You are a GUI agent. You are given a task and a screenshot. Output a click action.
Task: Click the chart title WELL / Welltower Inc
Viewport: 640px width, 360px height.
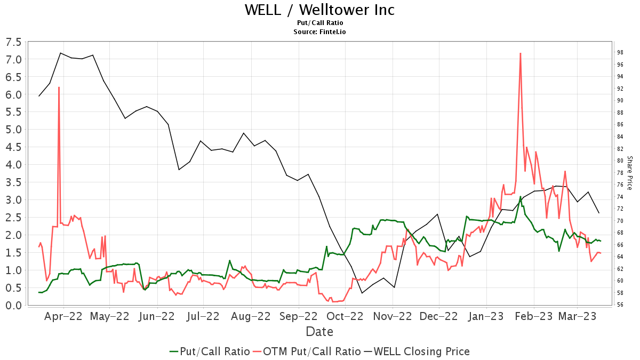[319, 10]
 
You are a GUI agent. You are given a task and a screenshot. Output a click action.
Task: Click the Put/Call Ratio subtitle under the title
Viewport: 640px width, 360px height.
[319, 23]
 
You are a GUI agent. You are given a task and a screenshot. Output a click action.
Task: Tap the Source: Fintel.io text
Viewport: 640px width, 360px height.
[319, 32]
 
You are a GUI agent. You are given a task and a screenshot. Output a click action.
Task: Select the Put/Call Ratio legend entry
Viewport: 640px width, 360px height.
[210, 351]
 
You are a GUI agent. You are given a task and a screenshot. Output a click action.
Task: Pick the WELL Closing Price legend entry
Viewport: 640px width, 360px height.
[417, 351]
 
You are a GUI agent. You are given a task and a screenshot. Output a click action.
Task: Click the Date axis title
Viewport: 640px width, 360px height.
[319, 332]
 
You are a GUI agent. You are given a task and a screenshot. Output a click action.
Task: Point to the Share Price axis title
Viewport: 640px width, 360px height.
[629, 173]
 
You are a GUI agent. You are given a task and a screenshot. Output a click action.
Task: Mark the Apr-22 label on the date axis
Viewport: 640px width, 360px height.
[63, 316]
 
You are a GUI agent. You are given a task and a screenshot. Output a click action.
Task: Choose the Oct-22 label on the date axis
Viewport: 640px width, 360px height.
[345, 316]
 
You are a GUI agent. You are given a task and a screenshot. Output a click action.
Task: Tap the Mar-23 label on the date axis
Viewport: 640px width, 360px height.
[578, 316]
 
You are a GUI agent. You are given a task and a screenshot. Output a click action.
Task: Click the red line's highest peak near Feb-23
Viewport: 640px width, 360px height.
[520, 53]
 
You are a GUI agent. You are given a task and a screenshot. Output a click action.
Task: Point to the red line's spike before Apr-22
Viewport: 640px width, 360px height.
[59, 87]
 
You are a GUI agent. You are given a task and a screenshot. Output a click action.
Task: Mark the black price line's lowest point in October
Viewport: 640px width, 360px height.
[362, 293]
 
